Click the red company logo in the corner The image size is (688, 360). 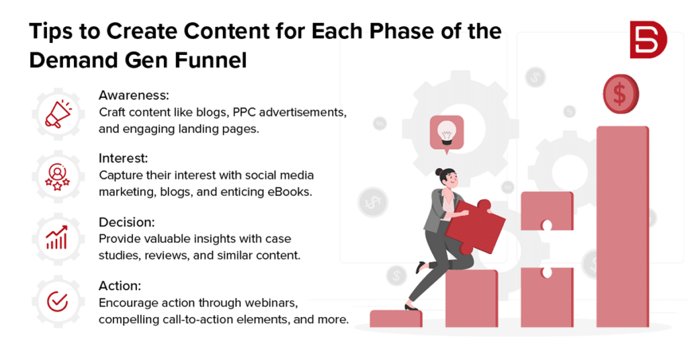(648, 40)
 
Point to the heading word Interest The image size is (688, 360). (123, 159)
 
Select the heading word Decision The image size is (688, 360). (125, 222)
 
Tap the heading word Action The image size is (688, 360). (118, 285)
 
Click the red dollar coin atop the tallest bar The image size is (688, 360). (621, 94)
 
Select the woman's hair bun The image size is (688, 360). (439, 173)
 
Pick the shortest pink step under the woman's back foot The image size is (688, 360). (396, 318)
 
